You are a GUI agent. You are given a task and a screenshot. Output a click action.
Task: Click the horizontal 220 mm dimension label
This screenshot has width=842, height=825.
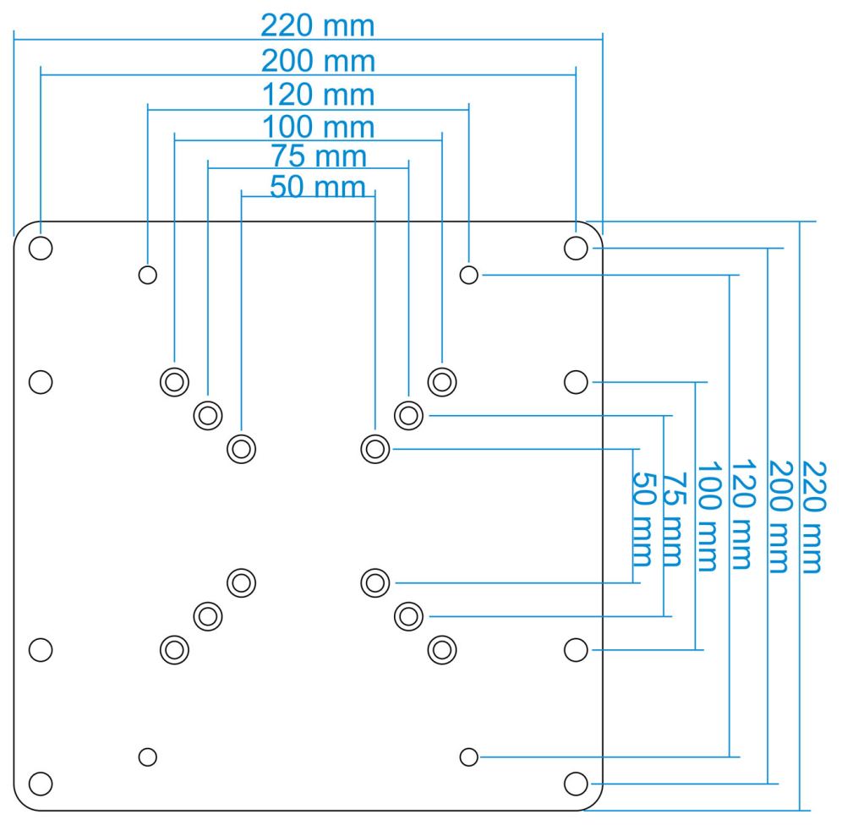(317, 25)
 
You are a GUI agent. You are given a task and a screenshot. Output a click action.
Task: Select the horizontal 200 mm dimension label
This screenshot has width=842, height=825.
(318, 61)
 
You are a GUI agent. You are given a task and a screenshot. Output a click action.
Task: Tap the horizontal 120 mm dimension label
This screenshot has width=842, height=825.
(318, 95)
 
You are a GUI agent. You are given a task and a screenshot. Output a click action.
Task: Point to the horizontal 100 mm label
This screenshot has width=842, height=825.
(318, 127)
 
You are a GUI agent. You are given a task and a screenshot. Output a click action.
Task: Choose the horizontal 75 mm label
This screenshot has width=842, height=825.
(319, 156)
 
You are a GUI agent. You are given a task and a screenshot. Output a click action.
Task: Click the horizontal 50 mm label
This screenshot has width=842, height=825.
(317, 186)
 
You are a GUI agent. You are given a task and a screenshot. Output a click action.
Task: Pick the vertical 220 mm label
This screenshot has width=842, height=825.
(813, 517)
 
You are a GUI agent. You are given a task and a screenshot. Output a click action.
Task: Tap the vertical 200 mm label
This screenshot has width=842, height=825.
(780, 517)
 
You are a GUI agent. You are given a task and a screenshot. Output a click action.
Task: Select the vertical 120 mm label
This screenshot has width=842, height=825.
(743, 514)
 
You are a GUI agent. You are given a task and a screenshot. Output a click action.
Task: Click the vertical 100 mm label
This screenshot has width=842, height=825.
(708, 516)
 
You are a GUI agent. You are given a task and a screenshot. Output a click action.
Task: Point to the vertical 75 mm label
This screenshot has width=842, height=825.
(674, 519)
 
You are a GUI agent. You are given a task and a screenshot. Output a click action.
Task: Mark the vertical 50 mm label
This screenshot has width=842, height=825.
(643, 519)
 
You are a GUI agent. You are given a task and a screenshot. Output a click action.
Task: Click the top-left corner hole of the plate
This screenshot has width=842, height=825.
(41, 248)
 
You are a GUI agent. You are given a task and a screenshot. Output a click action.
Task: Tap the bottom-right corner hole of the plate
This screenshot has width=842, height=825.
(576, 784)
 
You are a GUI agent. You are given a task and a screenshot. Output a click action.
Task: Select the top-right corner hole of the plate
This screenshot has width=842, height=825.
(576, 248)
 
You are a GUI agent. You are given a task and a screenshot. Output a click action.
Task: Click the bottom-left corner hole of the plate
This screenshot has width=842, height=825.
(41, 784)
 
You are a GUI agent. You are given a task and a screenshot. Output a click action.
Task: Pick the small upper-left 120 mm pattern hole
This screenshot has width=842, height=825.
(148, 275)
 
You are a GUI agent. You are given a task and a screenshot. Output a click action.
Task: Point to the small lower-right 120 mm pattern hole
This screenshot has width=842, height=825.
(469, 757)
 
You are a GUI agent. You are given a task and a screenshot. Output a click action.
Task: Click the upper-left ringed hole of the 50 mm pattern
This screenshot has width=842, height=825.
(241, 449)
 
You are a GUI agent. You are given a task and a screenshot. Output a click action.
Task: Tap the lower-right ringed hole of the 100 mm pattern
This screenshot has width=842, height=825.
(442, 650)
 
